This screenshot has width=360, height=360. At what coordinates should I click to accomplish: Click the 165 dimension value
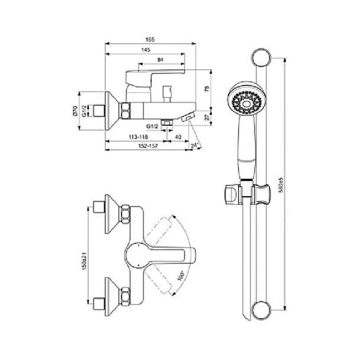pyautogui.click(x=150, y=40)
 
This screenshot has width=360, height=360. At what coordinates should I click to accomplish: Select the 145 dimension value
pyautogui.click(x=146, y=50)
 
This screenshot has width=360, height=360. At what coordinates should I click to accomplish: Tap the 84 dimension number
pyautogui.click(x=160, y=60)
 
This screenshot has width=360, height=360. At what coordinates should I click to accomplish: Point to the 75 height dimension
pyautogui.click(x=207, y=89)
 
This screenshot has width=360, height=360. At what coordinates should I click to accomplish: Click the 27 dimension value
pyautogui.click(x=207, y=117)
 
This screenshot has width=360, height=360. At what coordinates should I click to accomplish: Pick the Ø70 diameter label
pyautogui.click(x=75, y=111)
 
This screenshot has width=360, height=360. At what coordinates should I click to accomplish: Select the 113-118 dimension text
pyautogui.click(x=138, y=137)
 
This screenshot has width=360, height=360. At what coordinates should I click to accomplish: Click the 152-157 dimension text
pyautogui.click(x=148, y=146)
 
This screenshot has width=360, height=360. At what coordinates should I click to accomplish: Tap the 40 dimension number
pyautogui.click(x=178, y=137)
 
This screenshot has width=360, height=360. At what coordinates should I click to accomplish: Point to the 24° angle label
pyautogui.click(x=194, y=145)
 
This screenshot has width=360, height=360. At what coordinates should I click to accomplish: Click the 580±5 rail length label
pyautogui.click(x=281, y=185)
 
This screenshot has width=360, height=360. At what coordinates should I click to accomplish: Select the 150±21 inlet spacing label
pyautogui.click(x=84, y=261)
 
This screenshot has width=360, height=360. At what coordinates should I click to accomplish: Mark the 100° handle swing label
pyautogui.click(x=181, y=276)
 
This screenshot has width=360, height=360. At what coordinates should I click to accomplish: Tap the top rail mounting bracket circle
pyautogui.click(x=261, y=57)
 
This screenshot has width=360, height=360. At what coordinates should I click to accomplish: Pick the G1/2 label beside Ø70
pyautogui.click(x=85, y=111)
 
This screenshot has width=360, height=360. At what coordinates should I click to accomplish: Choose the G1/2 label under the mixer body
pyautogui.click(x=152, y=126)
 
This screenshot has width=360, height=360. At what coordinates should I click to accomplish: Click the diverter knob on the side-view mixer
pyautogui.click(x=167, y=94)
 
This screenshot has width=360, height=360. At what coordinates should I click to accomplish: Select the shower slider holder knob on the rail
pyautogui.click(x=232, y=194)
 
